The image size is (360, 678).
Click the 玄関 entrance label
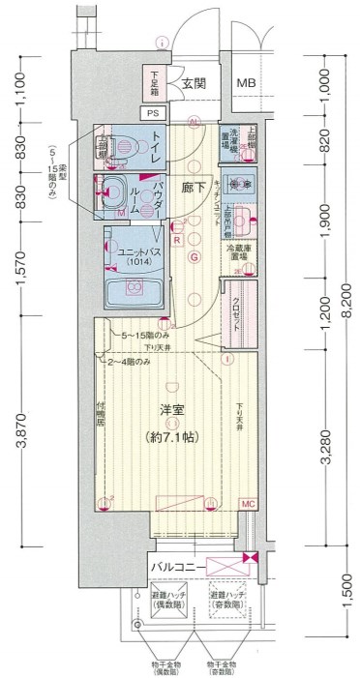(193, 84)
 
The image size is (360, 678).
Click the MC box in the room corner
(247, 504)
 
